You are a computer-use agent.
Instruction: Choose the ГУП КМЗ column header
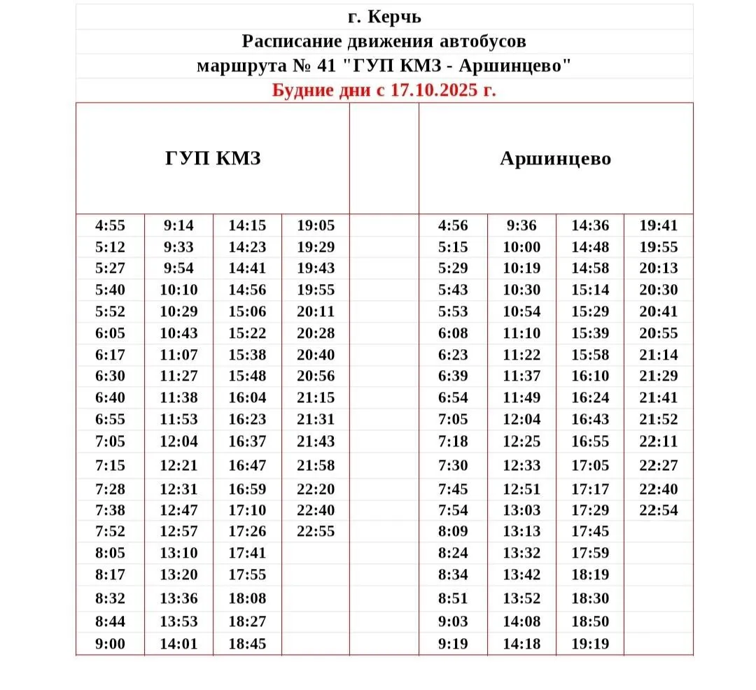tap(213, 158)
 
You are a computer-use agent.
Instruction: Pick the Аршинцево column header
tap(555, 159)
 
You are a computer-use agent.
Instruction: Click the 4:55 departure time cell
tap(110, 225)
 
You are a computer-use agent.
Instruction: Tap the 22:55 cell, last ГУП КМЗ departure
tap(316, 531)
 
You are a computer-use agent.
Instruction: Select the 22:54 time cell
tap(659, 510)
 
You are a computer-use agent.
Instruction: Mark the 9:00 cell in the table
tap(110, 644)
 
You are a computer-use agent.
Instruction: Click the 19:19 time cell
tap(590, 644)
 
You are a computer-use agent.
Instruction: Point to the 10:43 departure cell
tap(179, 333)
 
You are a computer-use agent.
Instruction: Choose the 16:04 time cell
tap(247, 397)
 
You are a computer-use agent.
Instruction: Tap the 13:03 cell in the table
tap(521, 510)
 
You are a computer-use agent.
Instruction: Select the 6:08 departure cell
tap(453, 333)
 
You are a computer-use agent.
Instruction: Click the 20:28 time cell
tap(316, 333)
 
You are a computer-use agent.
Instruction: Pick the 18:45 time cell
tap(247, 644)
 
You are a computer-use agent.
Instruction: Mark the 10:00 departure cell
tap(521, 247)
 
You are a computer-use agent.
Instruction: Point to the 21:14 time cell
tap(659, 355)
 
